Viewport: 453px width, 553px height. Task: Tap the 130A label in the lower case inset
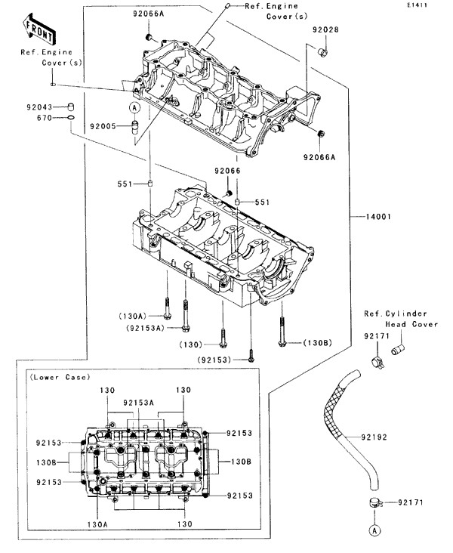(x=97, y=523)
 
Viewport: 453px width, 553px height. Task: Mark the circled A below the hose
(x=373, y=530)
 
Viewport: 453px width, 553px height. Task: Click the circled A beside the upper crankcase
(x=133, y=107)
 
